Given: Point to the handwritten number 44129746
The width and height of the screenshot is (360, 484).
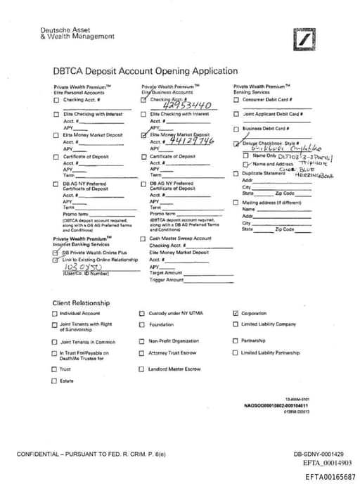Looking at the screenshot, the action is click(186, 141).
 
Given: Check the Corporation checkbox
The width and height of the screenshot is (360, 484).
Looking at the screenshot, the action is click(236, 314).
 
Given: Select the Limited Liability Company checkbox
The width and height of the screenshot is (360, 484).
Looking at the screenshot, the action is click(236, 324).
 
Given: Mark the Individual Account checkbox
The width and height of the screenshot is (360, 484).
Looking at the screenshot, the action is click(54, 314).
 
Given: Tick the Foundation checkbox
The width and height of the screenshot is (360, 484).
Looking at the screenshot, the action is click(141, 324).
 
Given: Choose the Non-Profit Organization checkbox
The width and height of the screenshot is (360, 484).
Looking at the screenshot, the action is click(141, 341).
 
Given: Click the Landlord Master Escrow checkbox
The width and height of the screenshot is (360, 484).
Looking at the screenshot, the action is click(141, 369).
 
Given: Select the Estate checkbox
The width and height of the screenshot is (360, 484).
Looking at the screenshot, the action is click(54, 381).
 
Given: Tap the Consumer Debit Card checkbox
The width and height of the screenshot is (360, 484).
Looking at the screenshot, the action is click(236, 99).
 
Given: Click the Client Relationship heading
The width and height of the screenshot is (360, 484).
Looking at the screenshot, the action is click(81, 302).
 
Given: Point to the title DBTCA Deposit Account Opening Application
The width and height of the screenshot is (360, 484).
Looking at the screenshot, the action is click(146, 71).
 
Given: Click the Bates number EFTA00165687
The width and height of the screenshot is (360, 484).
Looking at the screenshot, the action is click(330, 477).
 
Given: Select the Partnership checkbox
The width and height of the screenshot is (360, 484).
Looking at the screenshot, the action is click(236, 341).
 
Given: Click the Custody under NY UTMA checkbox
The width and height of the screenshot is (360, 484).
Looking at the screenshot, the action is click(141, 314).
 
